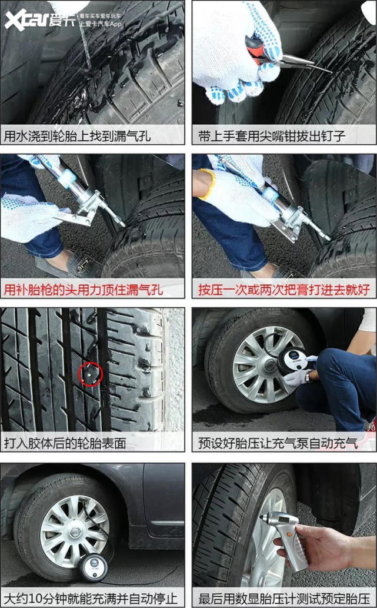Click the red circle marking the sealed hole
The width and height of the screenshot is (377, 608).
pyautogui.click(x=91, y=374)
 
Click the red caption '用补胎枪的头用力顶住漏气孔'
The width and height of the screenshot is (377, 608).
pyautogui.click(x=84, y=290)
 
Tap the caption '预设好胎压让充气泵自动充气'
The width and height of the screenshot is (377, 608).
pyautogui.click(x=278, y=443)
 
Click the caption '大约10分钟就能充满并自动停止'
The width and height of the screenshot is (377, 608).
pyautogui.click(x=91, y=599)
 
